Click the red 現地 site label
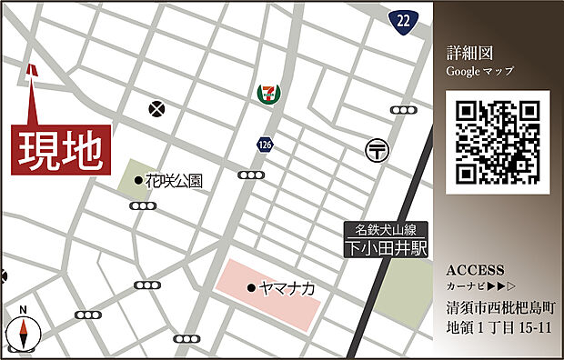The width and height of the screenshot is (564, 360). tap(61, 149)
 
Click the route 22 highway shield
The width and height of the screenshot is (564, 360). tap(404, 19)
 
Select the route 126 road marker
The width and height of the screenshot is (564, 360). tap(264, 144)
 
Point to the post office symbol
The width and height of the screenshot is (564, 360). tap(376, 148)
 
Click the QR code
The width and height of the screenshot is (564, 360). tap(498, 143)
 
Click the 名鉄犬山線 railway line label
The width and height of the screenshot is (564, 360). tap(386, 229)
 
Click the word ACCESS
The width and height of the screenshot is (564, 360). tap(475, 271)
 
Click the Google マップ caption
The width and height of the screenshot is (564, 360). tap(479, 70)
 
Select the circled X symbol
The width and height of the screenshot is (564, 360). tap(158, 109)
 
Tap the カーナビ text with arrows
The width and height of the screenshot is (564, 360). tap(479, 287)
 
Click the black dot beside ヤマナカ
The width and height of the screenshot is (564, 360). tap(251, 288)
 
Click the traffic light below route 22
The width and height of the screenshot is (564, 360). tap(403, 110)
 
